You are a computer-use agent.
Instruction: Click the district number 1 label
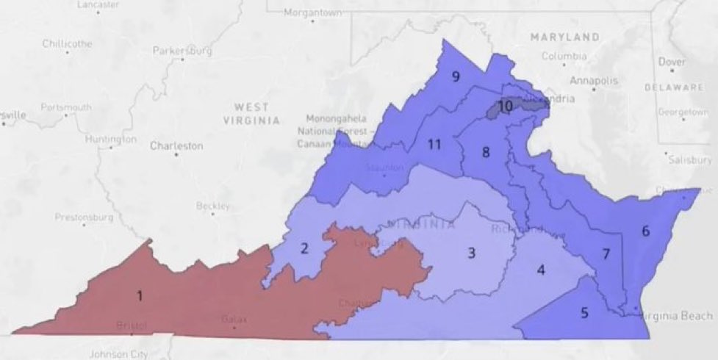[x=139, y=295]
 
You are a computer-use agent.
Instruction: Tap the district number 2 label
[x=304, y=248]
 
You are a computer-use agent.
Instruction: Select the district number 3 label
[x=473, y=253]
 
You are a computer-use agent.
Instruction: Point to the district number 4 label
[x=541, y=270]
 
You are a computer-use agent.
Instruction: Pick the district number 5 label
[x=584, y=313]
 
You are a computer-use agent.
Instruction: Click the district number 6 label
[x=645, y=231]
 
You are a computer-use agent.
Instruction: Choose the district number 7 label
[x=606, y=254]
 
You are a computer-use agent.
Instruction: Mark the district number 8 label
[x=485, y=153]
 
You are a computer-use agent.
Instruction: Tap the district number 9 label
[x=456, y=76]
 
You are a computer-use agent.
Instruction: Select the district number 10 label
[x=505, y=106]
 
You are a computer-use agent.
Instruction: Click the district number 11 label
[x=434, y=144]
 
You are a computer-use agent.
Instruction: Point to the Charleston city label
[x=176, y=146]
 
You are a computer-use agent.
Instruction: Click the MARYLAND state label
[x=565, y=37]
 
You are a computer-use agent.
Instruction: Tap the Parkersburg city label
[x=182, y=51]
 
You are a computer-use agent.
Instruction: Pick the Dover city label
[x=672, y=62]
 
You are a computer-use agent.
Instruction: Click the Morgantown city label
[x=314, y=13]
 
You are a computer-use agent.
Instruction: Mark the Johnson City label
[x=114, y=354]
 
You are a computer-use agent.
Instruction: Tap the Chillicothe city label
[x=67, y=43]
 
